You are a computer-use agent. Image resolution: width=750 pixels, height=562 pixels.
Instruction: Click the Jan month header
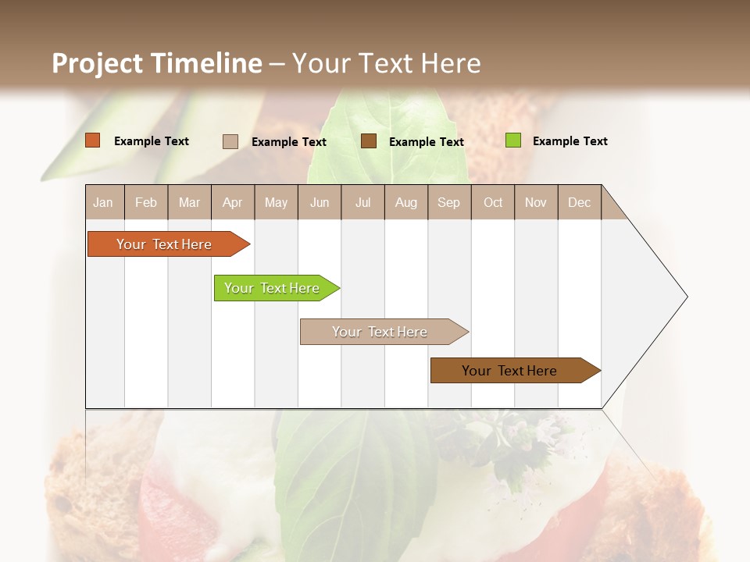103,203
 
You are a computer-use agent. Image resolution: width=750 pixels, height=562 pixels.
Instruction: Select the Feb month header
146,203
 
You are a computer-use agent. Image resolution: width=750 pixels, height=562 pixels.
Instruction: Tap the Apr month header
232,203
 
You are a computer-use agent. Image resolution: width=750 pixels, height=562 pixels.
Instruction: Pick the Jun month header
320,203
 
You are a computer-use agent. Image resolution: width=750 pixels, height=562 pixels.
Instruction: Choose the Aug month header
405,203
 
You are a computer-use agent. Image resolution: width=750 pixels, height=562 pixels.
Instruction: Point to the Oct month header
493,203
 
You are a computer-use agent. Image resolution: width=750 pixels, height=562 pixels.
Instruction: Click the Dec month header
579,203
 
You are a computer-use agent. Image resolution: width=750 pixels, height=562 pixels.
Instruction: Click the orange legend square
93,140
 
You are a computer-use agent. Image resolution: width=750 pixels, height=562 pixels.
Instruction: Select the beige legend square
230,141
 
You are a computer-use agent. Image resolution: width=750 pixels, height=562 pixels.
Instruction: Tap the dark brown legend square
369,141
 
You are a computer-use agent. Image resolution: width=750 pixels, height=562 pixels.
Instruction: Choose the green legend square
512,140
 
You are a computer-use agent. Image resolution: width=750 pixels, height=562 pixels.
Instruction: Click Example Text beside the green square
570,141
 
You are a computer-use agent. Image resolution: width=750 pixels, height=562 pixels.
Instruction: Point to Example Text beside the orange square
152,141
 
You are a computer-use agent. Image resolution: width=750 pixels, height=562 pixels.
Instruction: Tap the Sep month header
448,203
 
